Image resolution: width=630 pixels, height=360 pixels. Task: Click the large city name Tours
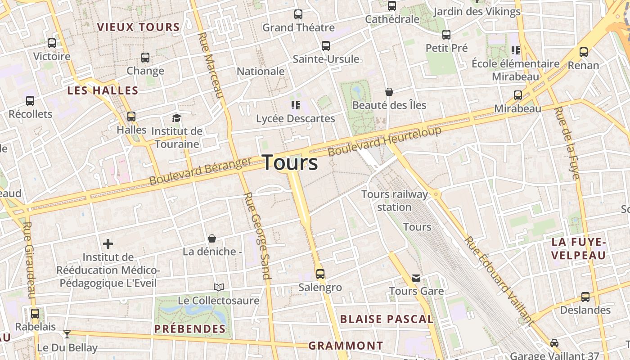tap(290, 162)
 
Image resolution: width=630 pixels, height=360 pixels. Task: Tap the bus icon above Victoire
tap(52, 43)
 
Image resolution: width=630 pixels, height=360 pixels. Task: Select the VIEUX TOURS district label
tap(139, 27)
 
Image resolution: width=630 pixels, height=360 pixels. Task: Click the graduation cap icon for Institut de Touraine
tap(176, 118)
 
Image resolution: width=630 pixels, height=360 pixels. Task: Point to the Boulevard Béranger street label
tap(200, 171)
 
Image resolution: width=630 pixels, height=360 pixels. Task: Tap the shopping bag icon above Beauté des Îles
tap(389, 92)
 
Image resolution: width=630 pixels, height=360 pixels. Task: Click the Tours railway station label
tap(395, 201)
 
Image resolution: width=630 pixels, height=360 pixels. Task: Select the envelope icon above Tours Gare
tap(416, 278)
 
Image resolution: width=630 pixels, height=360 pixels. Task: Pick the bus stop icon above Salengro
tap(320, 274)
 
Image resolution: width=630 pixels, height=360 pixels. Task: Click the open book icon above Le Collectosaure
tap(219, 287)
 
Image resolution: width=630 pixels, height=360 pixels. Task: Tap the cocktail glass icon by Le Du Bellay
tap(67, 334)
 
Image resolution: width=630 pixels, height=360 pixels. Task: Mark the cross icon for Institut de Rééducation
tap(108, 244)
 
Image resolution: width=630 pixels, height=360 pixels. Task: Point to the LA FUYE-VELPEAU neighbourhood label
tap(579, 249)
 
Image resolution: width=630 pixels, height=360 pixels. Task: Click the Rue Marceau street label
tap(211, 65)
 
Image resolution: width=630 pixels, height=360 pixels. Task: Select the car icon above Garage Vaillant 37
tap(554, 343)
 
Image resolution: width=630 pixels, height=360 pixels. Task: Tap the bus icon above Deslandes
tap(585, 297)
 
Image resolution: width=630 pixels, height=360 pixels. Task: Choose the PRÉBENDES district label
tap(190, 329)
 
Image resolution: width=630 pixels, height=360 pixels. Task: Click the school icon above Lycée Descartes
tap(296, 105)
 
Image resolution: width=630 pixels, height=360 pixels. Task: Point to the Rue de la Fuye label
tap(567, 143)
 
